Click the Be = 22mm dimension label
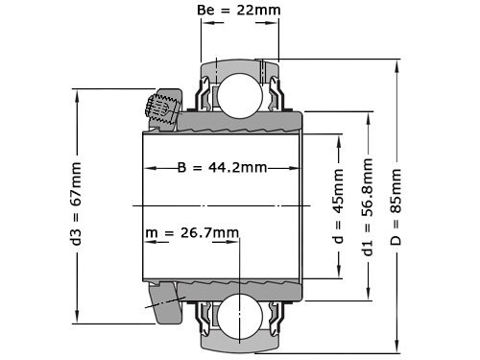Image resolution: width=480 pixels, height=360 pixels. tap(237, 12)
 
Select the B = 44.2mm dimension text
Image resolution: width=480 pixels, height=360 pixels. tap(221, 167)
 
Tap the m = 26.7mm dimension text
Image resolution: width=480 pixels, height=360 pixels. tap(192, 233)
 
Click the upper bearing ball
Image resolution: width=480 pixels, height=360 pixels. tap(237, 94)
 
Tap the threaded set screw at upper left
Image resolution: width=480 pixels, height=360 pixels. tap(160, 109)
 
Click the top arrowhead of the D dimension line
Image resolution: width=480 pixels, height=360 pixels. tap(396, 64)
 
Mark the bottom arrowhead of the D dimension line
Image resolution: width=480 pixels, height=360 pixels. tap(396, 348)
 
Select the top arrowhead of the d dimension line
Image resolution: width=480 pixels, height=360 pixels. tap(337, 134)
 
